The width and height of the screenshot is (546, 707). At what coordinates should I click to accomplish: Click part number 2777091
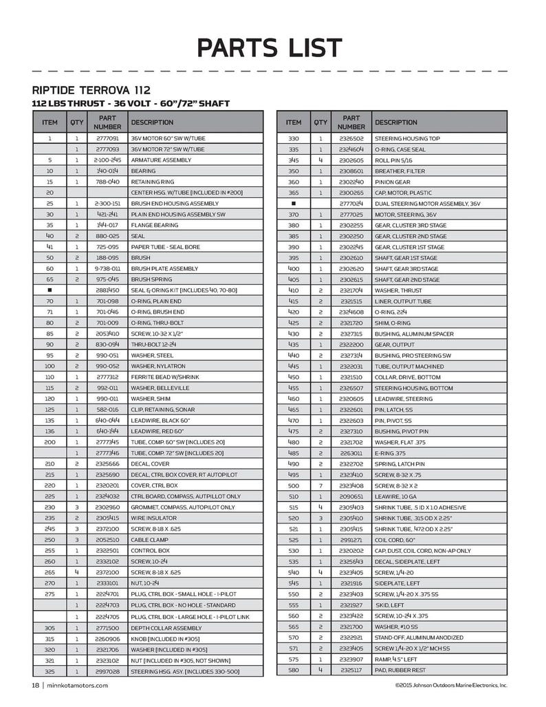(x=107, y=138)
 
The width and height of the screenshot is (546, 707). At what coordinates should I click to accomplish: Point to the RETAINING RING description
(x=150, y=181)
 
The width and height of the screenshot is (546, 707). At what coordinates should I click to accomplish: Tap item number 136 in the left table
(x=50, y=431)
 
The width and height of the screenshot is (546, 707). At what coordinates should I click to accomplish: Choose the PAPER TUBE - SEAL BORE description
(x=165, y=246)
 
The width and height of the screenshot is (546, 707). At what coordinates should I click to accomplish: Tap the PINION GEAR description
(x=393, y=181)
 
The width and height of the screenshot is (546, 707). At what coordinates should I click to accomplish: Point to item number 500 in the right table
(x=293, y=486)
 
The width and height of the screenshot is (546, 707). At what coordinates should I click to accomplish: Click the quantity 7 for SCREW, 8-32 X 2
(x=320, y=486)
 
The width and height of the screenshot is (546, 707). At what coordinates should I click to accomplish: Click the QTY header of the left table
(x=76, y=122)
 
